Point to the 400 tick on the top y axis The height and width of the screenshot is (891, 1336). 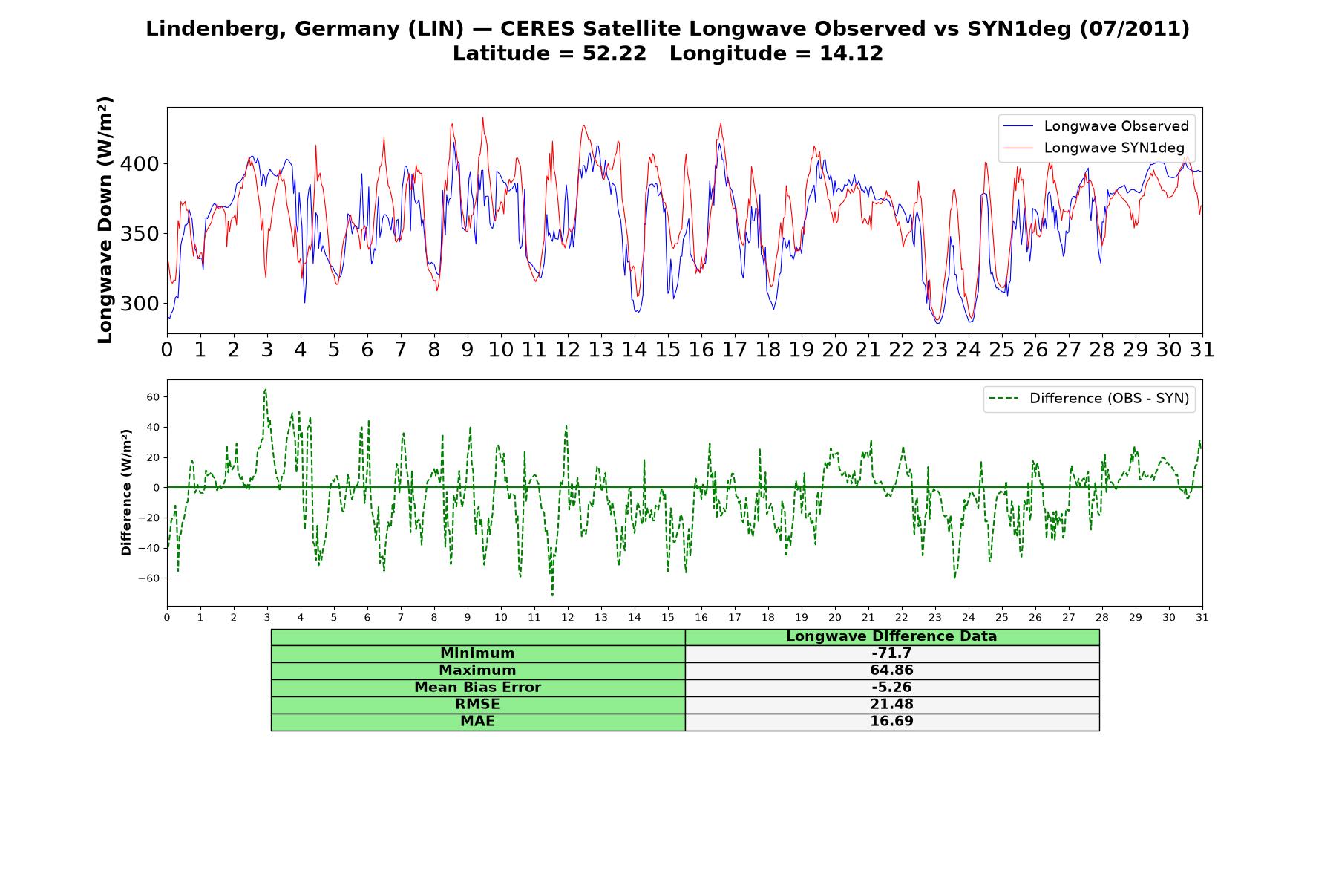(140, 163)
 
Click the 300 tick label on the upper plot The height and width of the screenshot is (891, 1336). (140, 303)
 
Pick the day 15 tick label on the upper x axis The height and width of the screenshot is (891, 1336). (667, 350)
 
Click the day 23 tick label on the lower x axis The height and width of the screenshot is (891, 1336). (935, 618)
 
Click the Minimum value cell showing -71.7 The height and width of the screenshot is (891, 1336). (891, 653)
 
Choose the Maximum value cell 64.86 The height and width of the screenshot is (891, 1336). (891, 670)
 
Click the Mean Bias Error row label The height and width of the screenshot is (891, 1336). (477, 688)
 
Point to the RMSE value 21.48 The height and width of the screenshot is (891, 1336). (891, 705)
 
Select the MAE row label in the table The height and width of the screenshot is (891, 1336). (477, 722)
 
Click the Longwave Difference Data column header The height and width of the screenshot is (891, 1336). (891, 636)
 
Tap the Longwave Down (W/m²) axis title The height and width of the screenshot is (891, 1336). (105, 220)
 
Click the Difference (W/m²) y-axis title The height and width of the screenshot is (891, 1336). (126, 492)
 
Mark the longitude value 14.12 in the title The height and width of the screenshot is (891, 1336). (851, 53)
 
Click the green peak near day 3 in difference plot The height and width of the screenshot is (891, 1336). (265, 389)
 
